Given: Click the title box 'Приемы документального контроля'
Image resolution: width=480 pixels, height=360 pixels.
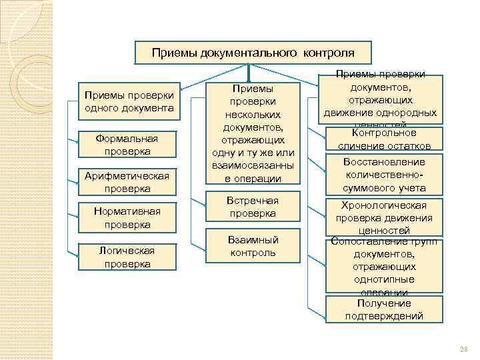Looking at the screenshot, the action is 253,52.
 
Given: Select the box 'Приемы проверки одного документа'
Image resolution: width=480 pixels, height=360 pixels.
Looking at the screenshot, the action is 127,102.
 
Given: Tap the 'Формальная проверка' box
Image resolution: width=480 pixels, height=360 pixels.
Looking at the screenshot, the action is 127,145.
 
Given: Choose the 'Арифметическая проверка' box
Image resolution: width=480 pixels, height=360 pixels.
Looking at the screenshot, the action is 127,181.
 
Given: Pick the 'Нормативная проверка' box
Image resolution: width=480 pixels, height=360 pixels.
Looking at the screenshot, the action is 127,217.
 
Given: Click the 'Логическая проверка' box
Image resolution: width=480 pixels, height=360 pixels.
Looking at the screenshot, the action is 127,257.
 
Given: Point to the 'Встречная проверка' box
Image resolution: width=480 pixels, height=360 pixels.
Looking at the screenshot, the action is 253,207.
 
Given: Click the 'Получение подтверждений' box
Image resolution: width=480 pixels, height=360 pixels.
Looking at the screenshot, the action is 384,310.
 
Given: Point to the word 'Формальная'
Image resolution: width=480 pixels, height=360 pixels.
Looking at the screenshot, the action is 127,139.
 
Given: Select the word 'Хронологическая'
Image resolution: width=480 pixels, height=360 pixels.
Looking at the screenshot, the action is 383,205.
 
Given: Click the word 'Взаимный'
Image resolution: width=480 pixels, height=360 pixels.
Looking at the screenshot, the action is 253,239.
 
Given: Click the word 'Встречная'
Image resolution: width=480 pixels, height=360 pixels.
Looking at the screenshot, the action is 253,201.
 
